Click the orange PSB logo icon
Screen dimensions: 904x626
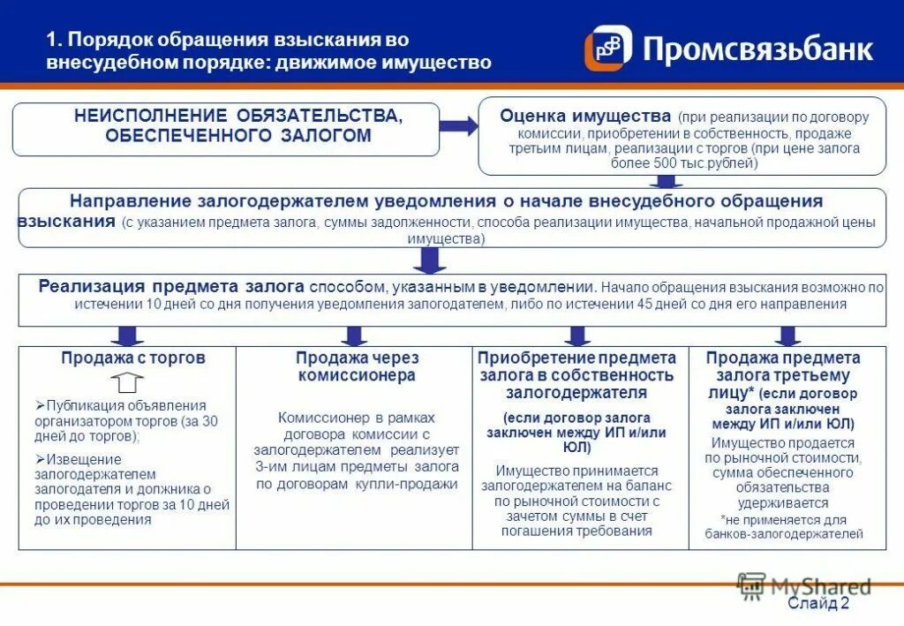(x=608, y=49)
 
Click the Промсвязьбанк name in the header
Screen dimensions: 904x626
(x=757, y=49)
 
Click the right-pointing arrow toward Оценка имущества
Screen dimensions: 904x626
(x=458, y=126)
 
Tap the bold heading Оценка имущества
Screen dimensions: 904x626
(x=585, y=116)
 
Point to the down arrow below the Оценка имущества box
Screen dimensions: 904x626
(x=661, y=181)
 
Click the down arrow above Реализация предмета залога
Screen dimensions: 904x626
(x=430, y=260)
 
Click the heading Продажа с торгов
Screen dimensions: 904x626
(x=133, y=358)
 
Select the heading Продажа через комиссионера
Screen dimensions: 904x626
(x=357, y=366)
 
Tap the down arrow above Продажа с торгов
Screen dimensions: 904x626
(x=127, y=336)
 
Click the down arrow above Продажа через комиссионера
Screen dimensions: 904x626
(x=354, y=336)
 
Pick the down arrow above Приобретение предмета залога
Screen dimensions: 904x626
(x=578, y=336)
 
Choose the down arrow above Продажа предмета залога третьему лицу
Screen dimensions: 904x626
(x=788, y=336)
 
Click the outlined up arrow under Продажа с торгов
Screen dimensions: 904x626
(x=129, y=382)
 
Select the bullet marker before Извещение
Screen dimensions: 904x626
(x=40, y=458)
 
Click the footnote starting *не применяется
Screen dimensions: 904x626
(x=783, y=526)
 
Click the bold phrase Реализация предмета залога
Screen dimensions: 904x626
(x=171, y=287)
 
